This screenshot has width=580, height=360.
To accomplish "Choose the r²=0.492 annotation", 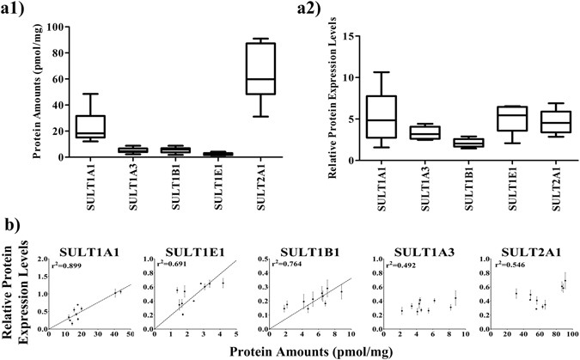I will [397, 265].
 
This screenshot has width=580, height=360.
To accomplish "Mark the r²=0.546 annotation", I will [501, 265].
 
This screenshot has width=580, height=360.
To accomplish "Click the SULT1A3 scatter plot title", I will [420, 251].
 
